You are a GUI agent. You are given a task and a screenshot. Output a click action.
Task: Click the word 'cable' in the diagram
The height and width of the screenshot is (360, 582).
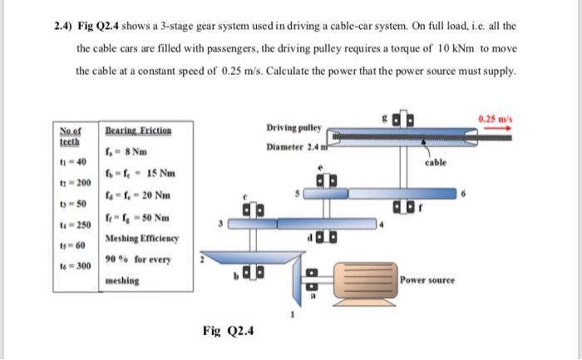click(x=436, y=165)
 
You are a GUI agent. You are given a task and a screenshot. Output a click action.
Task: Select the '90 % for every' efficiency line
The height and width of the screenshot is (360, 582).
click(x=136, y=260)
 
